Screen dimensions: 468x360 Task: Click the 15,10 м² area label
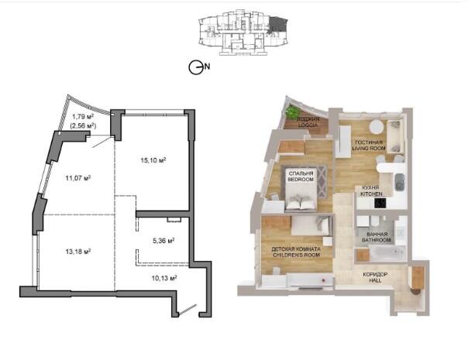[153, 160]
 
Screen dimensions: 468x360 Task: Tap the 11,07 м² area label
[78, 178]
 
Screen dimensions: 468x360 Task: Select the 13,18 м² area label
[78, 252]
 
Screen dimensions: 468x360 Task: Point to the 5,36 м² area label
[163, 241]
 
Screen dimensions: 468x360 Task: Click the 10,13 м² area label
[164, 278]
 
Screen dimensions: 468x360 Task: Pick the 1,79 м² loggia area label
[83, 116]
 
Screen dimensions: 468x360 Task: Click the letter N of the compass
[207, 67]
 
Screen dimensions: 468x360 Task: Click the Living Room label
[369, 146]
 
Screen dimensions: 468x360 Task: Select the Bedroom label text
[301, 176]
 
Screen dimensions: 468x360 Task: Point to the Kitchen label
[371, 191]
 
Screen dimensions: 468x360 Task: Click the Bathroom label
[377, 237]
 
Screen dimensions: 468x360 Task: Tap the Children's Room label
[296, 252]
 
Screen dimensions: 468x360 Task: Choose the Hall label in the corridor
[375, 277]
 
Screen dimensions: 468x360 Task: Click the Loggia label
[308, 122]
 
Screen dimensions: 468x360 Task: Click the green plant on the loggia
[292, 111]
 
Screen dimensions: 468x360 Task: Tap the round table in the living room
[377, 126]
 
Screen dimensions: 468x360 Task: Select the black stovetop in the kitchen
[380, 204]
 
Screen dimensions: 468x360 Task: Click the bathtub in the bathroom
[387, 252]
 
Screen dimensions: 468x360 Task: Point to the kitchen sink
[400, 182]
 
